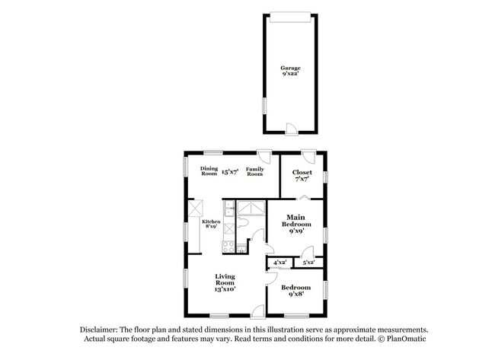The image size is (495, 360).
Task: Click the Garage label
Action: click(290, 72)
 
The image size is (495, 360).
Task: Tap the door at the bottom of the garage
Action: click(290, 127)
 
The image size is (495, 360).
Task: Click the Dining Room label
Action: click(209, 171)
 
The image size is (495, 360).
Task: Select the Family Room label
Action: click(254, 171)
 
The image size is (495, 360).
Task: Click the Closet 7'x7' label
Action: click(302, 176)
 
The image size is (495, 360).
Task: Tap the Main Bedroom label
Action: click(296, 225)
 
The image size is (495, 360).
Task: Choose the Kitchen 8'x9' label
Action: click(211, 224)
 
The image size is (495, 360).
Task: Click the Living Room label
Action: click(225, 282)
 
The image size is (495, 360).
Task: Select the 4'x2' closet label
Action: click(279, 263)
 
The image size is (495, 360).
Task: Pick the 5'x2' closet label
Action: click(308, 263)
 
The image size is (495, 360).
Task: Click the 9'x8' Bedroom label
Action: click(295, 290)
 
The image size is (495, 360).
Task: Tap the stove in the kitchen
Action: click(228, 245)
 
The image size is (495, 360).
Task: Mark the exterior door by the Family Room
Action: click(264, 156)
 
